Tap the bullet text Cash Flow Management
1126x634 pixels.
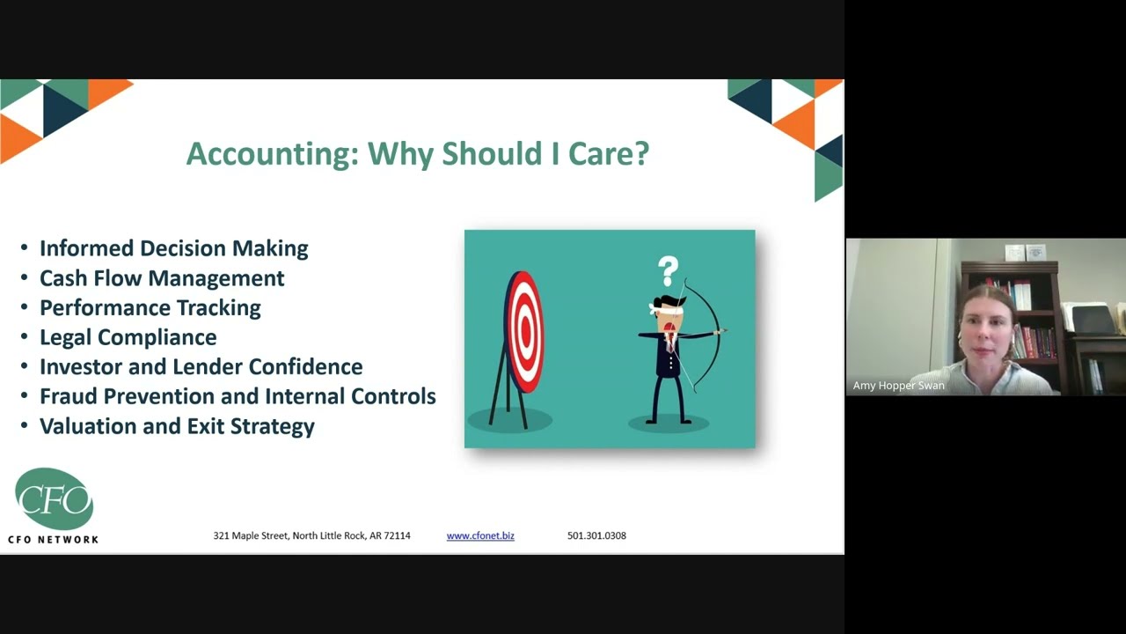pos(162,278)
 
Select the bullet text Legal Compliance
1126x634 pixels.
pos(128,337)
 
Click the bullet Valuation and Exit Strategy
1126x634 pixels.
pos(177,426)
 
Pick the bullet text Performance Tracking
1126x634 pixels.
pos(150,308)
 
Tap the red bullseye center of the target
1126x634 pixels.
pos(526,331)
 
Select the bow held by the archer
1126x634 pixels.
pos(709,335)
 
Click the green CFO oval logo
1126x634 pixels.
pos(54,499)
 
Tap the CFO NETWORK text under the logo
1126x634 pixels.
pos(53,539)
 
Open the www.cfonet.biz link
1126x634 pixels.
pos(480,535)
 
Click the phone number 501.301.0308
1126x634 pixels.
pos(596,535)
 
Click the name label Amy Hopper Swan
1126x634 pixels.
pos(898,386)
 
